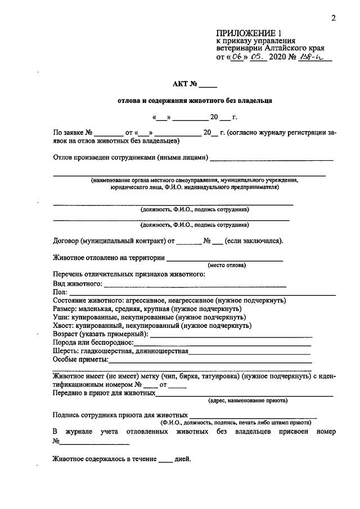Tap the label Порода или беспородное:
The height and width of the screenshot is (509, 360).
(x=93, y=342)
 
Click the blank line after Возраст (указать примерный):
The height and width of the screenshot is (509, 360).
(x=231, y=335)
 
